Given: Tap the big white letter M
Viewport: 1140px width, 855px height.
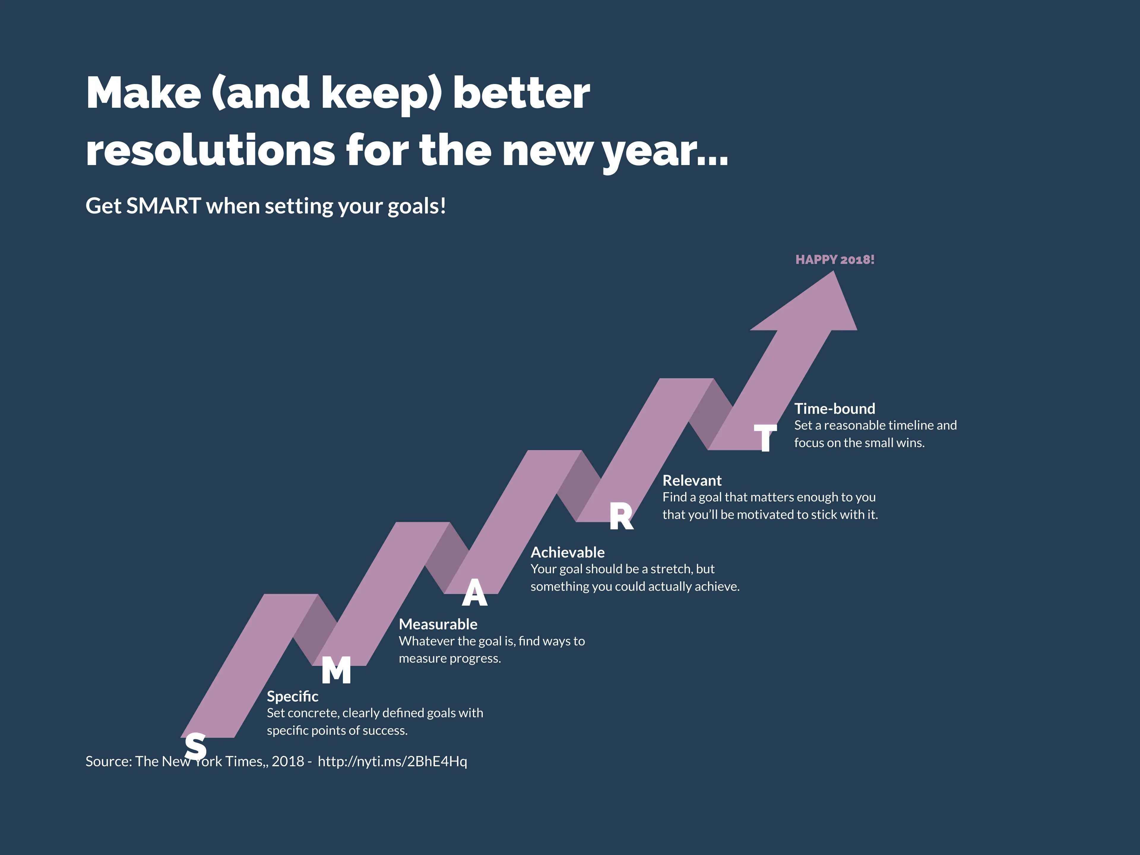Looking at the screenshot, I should [x=336, y=671].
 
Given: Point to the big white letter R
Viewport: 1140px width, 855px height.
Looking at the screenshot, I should [x=621, y=516].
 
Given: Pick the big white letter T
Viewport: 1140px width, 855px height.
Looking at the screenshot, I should [x=765, y=438].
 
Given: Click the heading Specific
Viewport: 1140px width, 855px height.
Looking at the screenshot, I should [x=292, y=696].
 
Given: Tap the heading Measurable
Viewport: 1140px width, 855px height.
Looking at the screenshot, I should [x=438, y=624].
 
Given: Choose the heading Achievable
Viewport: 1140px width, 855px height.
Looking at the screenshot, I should [x=567, y=552].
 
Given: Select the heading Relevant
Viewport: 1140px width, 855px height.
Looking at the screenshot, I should [x=692, y=480].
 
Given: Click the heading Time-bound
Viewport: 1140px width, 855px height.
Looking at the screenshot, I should [x=835, y=409].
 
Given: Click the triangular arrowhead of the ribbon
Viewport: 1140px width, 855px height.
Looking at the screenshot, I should [x=814, y=307].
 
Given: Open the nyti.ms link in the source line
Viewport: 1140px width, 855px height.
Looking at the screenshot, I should [x=392, y=761].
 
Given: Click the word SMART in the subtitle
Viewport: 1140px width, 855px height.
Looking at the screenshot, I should [x=163, y=206].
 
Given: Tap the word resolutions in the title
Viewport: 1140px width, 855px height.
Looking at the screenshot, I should [x=210, y=151].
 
